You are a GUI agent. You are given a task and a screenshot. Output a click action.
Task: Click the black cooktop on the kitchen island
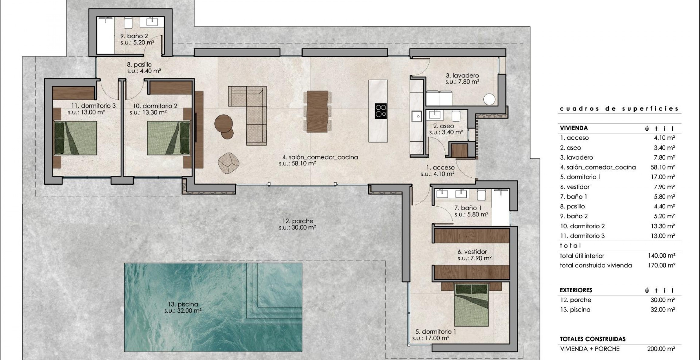pyautogui.click(x=381, y=111)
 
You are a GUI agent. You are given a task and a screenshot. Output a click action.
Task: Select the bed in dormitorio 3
pyautogui.click(x=75, y=138)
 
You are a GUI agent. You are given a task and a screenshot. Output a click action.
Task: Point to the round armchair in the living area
pyautogui.click(x=228, y=163)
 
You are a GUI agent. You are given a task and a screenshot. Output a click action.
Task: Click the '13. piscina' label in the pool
pyautogui.click(x=183, y=304)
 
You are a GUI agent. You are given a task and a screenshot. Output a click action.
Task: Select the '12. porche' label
pyautogui.click(x=297, y=221)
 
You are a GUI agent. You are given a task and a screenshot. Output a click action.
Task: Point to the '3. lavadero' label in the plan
pyautogui.click(x=462, y=75)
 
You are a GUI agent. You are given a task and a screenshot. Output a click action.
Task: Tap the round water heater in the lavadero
pyautogui.click(x=489, y=99)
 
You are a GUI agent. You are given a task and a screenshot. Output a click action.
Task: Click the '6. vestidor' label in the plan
pyautogui.click(x=472, y=252)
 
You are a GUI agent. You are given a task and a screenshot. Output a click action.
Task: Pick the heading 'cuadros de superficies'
pyautogui.click(x=619, y=108)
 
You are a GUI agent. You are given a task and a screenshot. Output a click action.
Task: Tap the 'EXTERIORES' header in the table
pyautogui.click(x=576, y=290)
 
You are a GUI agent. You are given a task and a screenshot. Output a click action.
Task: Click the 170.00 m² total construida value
pyautogui.click(x=661, y=265)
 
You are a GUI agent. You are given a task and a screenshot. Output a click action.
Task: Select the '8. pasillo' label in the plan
pyautogui.click(x=139, y=64)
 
